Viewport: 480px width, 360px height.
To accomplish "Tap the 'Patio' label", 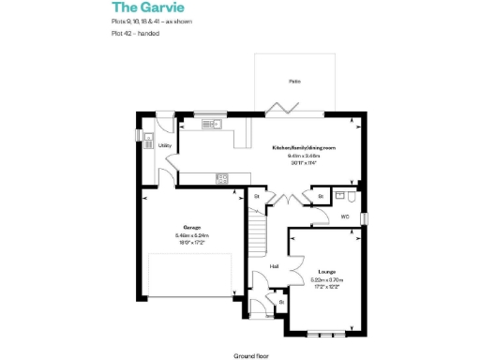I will (293, 82).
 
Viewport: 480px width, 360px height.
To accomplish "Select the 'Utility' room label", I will (164, 146).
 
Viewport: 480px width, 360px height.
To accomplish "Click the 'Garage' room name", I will (191, 227).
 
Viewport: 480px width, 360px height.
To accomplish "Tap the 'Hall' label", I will (274, 266).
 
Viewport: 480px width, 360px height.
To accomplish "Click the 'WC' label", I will (345, 217).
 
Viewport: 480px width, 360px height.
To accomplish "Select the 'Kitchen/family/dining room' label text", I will (304, 148).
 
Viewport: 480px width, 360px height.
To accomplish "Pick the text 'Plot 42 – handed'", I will (134, 34).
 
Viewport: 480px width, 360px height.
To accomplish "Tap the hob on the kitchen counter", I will (221, 177).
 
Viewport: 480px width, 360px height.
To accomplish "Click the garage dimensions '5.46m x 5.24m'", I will (191, 234).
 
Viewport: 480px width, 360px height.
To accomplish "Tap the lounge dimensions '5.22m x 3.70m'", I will (326, 279).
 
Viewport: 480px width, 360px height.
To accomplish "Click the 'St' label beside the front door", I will (280, 302).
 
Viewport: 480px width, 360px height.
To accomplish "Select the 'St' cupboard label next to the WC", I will (320, 196).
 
